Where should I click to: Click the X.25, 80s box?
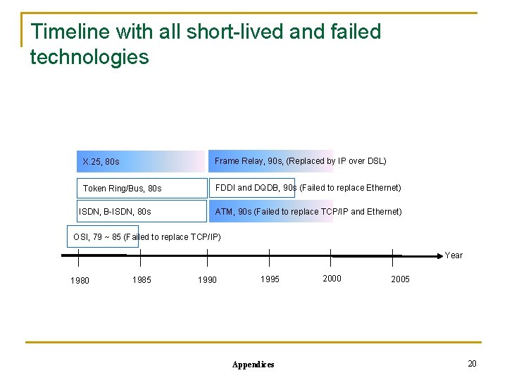pos(141,162)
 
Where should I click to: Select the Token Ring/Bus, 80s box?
pos(141,188)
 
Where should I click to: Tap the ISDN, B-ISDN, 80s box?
pos(141,211)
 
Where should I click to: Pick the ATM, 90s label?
pos(233,211)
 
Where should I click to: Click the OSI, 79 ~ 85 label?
pos(98,236)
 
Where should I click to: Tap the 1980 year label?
pos(80,281)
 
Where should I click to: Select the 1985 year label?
pos(142,279)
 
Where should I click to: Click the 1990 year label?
pos(207,280)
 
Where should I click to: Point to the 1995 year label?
pos(270,279)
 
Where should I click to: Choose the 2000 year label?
pos(332,279)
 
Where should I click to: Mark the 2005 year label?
pos(400,279)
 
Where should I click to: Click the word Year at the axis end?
pos(453,255)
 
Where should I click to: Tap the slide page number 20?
pos(472,363)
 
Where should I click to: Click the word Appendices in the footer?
pos(253,365)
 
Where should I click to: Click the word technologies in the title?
pos(89,57)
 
